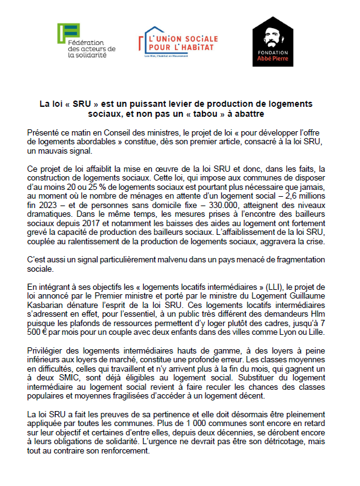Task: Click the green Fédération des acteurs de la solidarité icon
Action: tap(66, 34)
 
